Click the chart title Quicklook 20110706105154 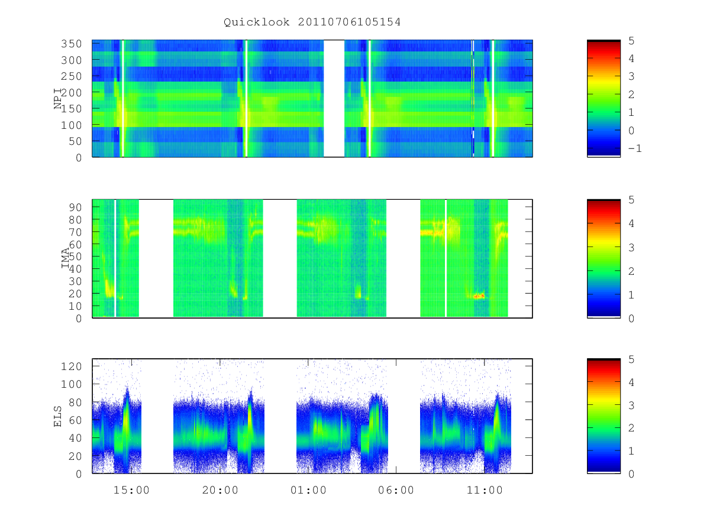point(312,22)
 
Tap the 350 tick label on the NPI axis point(71,44)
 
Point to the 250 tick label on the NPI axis point(71,76)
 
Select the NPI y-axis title point(58,99)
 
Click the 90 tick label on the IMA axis point(75,207)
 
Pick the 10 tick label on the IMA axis point(75,306)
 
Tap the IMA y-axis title point(65,258)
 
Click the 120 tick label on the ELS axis point(71,366)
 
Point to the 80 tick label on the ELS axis point(75,403)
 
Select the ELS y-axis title point(57,417)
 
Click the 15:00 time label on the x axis point(131,491)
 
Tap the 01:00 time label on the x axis point(308,491)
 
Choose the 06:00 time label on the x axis point(396,491)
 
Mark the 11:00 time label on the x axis point(484,491)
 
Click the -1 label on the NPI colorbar point(635,148)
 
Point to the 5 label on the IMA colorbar point(631,200)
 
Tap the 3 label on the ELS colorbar point(631,406)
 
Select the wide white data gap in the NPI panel point(334,99)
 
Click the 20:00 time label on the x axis point(220,491)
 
